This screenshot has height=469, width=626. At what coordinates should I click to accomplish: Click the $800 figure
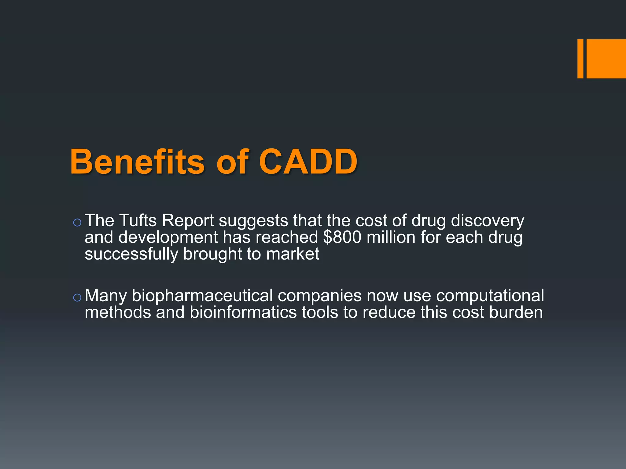[x=342, y=237]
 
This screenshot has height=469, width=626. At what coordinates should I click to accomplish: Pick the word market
[x=293, y=254]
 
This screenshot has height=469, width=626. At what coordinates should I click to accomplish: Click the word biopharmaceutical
[x=202, y=296]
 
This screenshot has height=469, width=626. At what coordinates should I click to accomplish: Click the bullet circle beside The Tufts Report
[x=77, y=223]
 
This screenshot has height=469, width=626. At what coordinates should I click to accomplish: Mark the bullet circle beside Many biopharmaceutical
[x=77, y=297]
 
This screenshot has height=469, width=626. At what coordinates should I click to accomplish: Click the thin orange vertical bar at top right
[x=580, y=59]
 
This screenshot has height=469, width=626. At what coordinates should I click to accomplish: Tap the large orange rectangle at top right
[x=606, y=59]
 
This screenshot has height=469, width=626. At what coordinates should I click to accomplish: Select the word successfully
[x=131, y=254]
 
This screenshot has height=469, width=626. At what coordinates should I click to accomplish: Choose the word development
[x=168, y=237]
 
